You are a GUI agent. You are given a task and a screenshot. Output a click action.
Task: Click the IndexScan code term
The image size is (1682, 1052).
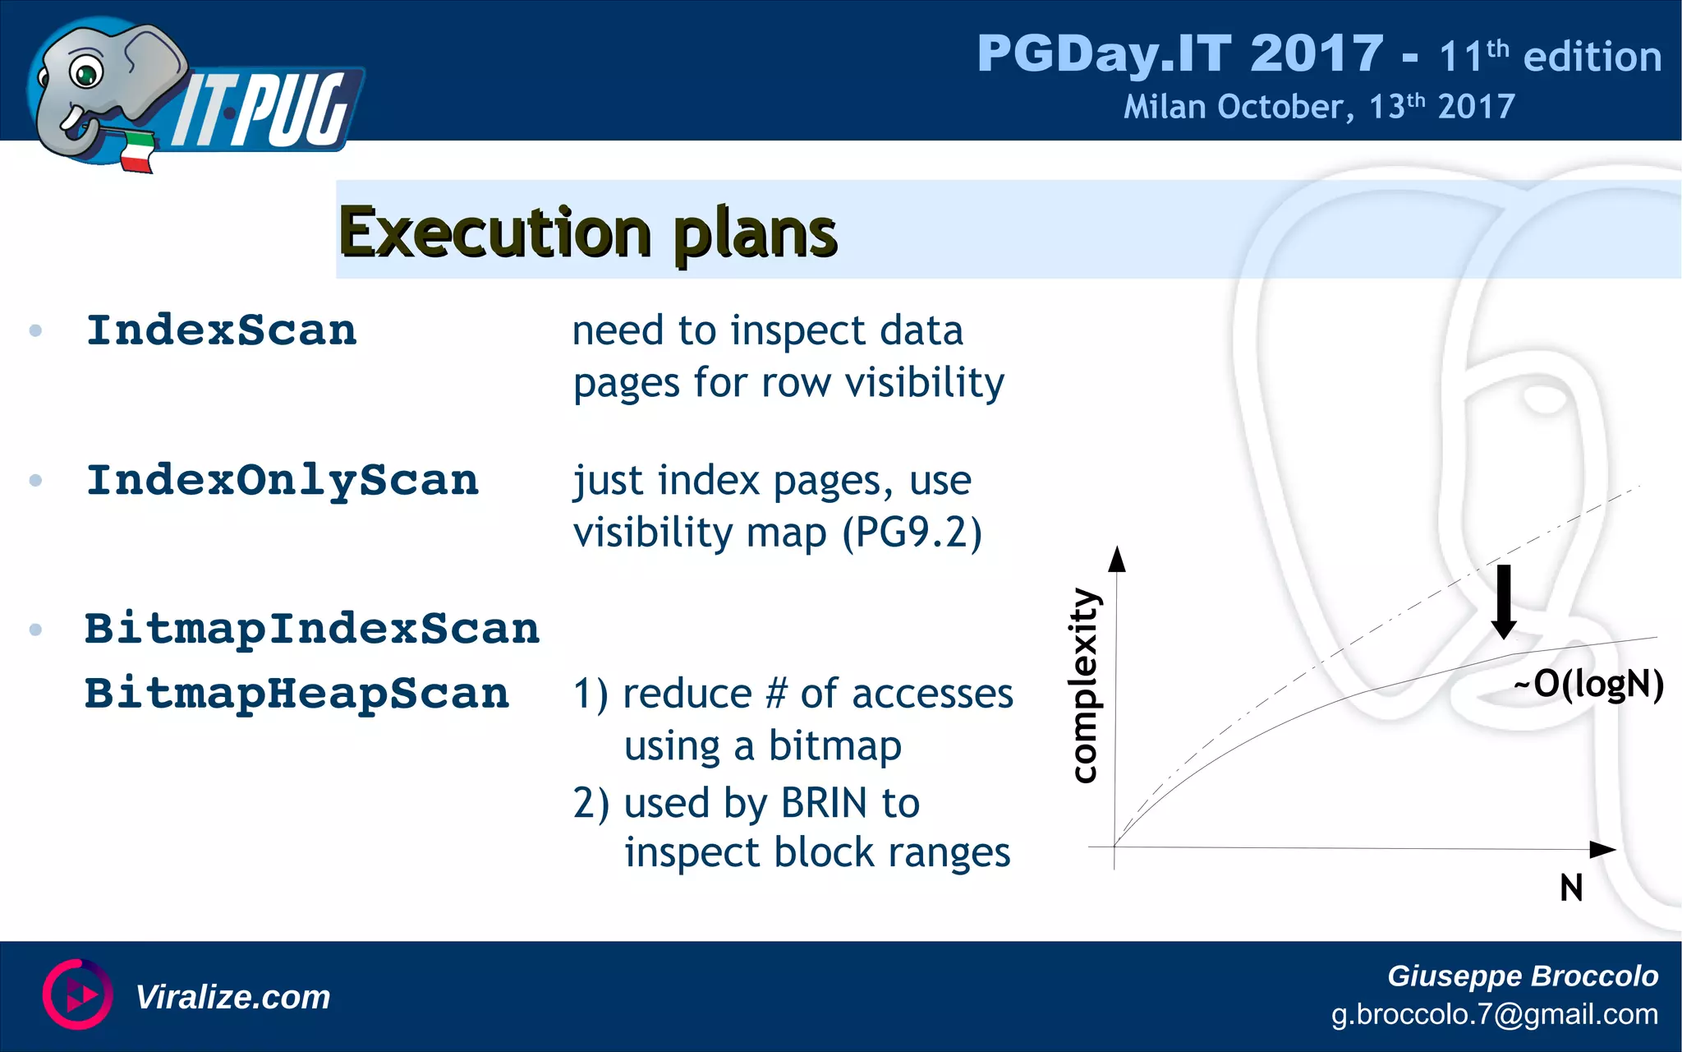click(x=222, y=330)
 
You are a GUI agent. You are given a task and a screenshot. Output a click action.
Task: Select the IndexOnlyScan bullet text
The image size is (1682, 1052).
click(x=283, y=480)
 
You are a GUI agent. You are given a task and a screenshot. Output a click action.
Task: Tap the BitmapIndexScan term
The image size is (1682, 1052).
click(x=312, y=629)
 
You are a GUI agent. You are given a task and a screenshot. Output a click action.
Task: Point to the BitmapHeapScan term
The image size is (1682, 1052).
click(x=297, y=693)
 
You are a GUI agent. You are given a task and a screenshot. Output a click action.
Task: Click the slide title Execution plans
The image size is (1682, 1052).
click(x=588, y=233)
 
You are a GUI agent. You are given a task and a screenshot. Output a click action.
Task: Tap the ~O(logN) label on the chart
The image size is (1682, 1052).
click(x=1589, y=684)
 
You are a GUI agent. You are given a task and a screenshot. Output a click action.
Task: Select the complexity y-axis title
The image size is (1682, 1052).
click(x=1085, y=685)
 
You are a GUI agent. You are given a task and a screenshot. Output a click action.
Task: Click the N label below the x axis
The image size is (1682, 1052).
click(x=1571, y=888)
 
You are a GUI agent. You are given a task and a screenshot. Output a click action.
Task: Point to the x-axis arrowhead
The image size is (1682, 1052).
click(x=1602, y=849)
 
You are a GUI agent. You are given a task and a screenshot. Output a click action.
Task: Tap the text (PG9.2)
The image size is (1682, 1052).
click(x=912, y=533)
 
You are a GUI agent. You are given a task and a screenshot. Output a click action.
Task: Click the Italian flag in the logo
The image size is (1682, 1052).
click(x=138, y=153)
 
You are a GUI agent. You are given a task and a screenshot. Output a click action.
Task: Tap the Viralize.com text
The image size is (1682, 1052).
click(x=232, y=997)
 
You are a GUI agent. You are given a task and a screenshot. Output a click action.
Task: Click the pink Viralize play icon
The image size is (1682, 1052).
click(x=78, y=994)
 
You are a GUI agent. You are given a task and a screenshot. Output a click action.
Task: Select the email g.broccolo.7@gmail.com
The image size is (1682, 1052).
click(x=1494, y=1014)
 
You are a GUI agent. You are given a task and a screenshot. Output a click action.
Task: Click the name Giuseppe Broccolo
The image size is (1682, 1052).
click(x=1522, y=976)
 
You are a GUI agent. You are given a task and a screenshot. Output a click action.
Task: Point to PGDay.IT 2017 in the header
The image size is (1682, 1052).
click(x=1179, y=54)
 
